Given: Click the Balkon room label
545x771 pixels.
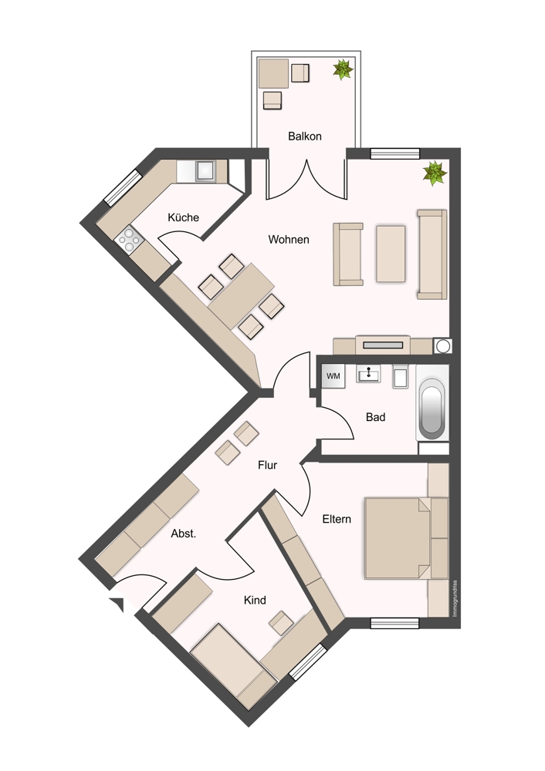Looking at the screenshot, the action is pyautogui.click(x=305, y=136).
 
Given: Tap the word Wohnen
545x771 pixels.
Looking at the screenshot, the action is pyautogui.click(x=289, y=240).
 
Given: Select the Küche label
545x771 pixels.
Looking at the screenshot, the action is pyautogui.click(x=183, y=217).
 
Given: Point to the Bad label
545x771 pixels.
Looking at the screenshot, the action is pyautogui.click(x=375, y=417).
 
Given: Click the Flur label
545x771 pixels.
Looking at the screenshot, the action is pyautogui.click(x=267, y=465).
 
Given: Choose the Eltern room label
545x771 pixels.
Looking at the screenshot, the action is pyautogui.click(x=337, y=519).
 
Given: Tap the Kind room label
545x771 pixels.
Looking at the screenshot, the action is pyautogui.click(x=255, y=600).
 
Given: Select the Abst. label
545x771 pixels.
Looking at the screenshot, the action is pyautogui.click(x=183, y=534).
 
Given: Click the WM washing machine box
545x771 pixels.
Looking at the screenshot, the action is pyautogui.click(x=333, y=376).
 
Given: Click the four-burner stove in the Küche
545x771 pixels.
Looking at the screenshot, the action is pyautogui.click(x=129, y=240).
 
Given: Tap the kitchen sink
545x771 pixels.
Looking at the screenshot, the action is pyautogui.click(x=205, y=171).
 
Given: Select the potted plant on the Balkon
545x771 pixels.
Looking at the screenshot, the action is pyautogui.click(x=343, y=69).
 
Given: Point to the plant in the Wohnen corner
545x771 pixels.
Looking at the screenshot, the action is pyautogui.click(x=435, y=173).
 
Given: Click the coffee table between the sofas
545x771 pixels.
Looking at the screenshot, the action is pyautogui.click(x=391, y=254).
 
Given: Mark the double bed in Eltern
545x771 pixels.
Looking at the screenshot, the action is pyautogui.click(x=406, y=538).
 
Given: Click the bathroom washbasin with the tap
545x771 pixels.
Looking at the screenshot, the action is pyautogui.click(x=368, y=374).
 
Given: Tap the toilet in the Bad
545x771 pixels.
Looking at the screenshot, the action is pyautogui.click(x=400, y=377).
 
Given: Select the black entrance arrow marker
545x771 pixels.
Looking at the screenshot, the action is pyautogui.click(x=117, y=604).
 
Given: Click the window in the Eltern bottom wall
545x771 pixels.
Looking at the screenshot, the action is pyautogui.click(x=394, y=624).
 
